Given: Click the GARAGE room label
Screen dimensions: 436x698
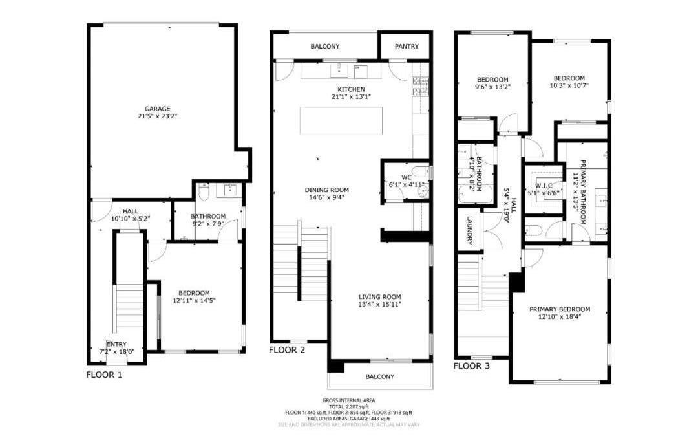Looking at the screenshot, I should (x=157, y=109).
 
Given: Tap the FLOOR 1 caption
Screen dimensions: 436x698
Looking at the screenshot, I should (x=104, y=374).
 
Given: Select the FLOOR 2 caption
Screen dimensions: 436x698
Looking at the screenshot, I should (x=286, y=350).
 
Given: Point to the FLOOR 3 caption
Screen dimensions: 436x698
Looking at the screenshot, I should (x=471, y=365).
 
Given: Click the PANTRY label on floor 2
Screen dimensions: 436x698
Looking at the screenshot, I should (x=405, y=47).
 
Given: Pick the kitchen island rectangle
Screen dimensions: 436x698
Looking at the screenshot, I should (x=341, y=120).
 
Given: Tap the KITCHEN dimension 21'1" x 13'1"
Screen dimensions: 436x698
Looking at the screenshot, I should (x=351, y=96).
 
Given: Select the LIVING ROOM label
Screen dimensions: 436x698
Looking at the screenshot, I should (x=380, y=297).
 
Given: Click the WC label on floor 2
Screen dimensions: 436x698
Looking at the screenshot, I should (x=407, y=177).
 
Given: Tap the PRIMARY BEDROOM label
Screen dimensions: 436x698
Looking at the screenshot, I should (x=560, y=309).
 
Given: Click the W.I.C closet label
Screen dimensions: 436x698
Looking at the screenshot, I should (x=541, y=185).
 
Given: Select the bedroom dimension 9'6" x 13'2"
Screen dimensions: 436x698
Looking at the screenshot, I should (x=493, y=86).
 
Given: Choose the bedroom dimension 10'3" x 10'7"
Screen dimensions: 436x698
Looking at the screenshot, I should (x=569, y=85).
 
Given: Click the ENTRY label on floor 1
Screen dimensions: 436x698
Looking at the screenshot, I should (x=116, y=344).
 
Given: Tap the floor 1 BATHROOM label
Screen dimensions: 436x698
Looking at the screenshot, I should (x=207, y=217).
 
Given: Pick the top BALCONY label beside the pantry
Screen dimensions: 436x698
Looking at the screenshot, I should (x=324, y=47).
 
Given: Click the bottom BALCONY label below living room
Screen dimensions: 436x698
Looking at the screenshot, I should (x=379, y=376).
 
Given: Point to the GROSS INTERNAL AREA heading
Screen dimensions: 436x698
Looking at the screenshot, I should (x=348, y=401).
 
